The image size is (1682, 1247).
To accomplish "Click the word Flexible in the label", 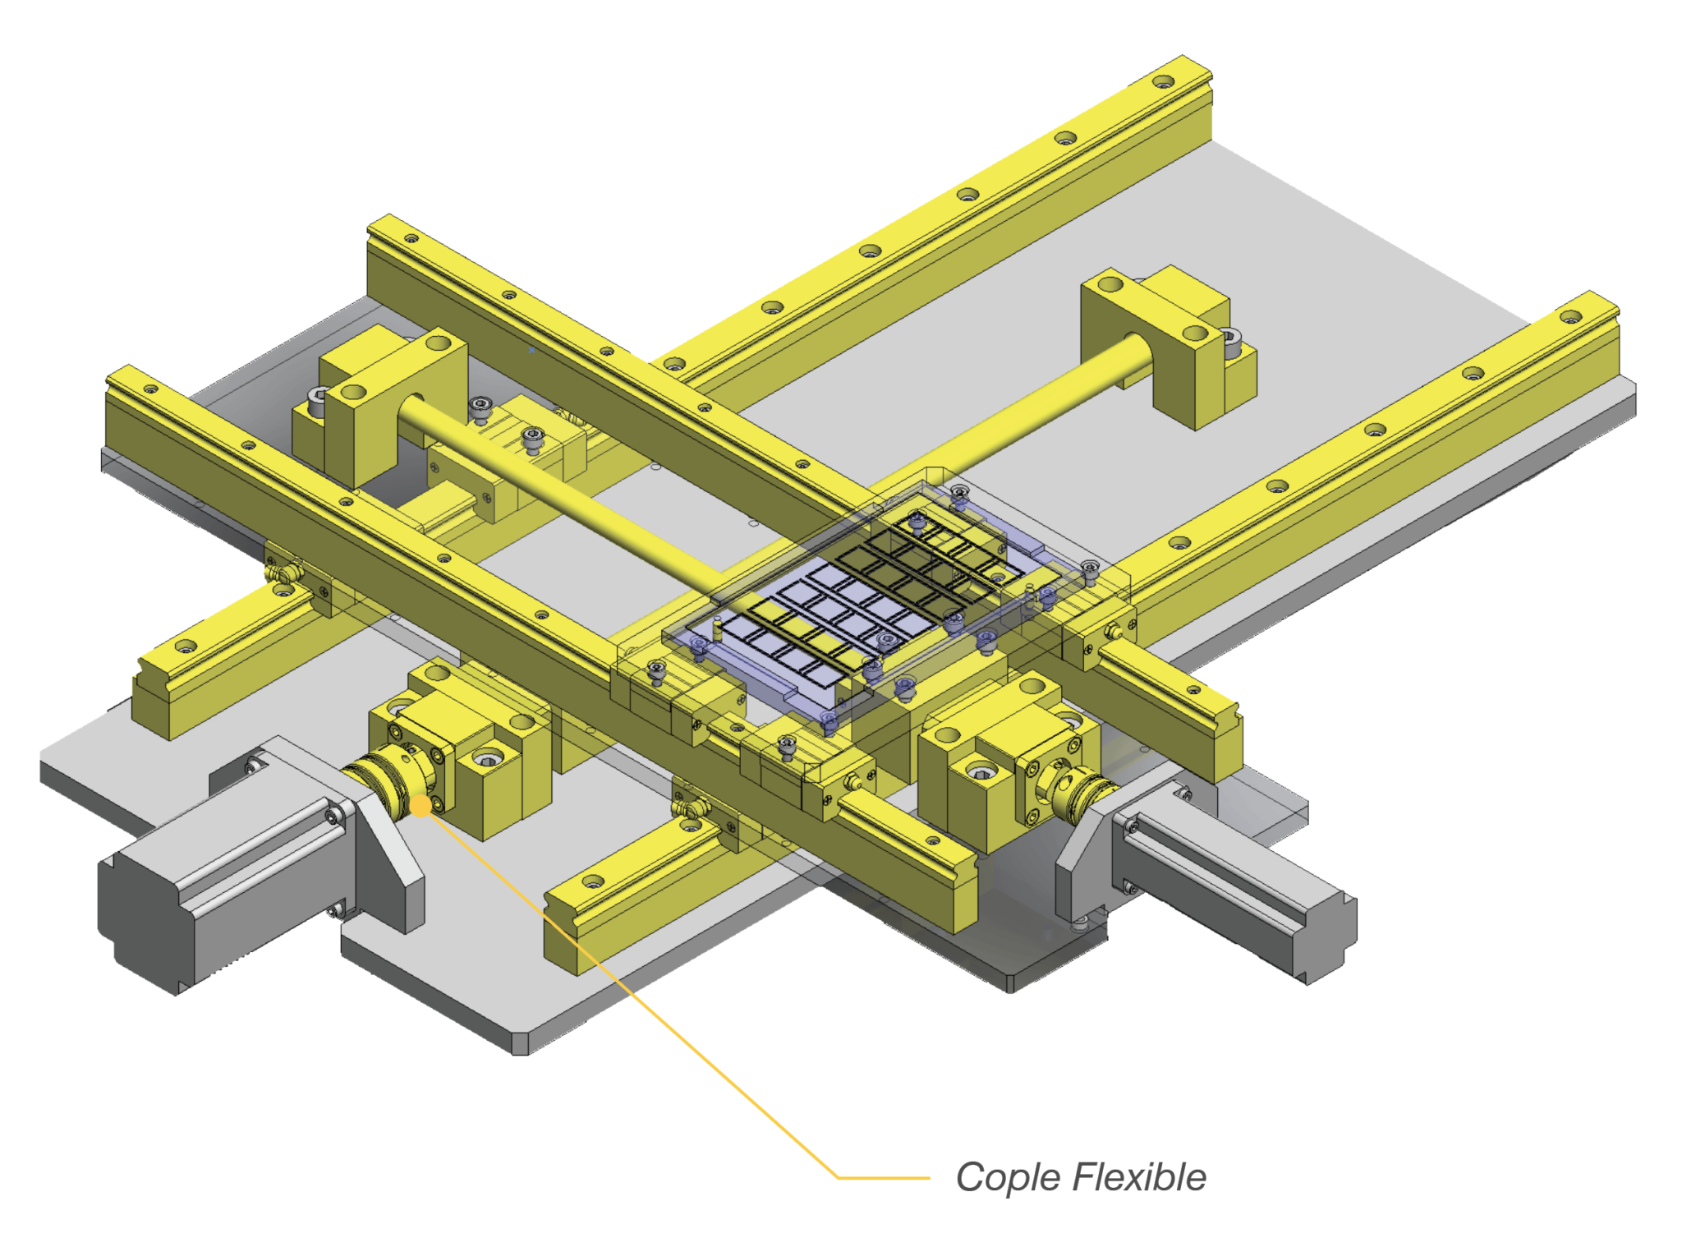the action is [x=1140, y=1177].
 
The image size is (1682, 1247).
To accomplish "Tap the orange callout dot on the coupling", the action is [x=420, y=806].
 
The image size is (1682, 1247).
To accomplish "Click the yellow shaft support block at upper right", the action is [x=1166, y=345].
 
